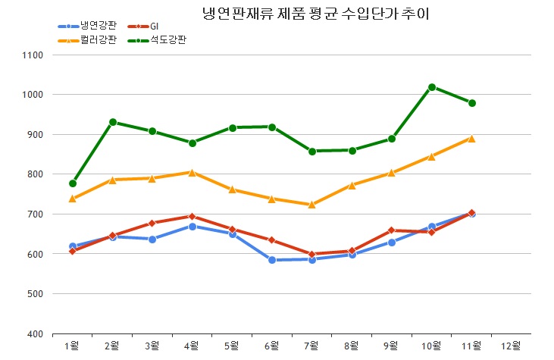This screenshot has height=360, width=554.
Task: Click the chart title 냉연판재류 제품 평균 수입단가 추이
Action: [321, 14]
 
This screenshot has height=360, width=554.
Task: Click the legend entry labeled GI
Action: [155, 26]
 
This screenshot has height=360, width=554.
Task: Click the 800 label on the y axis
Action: [34, 174]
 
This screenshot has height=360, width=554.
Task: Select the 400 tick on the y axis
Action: [34, 333]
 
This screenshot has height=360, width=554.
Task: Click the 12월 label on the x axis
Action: [511, 346]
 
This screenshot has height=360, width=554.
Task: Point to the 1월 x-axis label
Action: [73, 346]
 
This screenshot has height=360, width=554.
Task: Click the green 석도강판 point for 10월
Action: [432, 87]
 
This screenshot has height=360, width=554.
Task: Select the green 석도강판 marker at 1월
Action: [73, 183]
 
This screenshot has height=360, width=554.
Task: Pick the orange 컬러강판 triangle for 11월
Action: [471, 139]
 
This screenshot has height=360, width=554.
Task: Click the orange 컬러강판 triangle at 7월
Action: [312, 205]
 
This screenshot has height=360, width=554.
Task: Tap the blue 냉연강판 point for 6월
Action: [272, 260]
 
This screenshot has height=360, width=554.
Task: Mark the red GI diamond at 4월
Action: [192, 217]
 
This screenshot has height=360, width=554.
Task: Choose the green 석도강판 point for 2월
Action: [113, 122]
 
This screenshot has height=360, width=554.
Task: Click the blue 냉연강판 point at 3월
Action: [152, 239]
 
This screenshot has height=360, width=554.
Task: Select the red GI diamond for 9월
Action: [392, 230]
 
